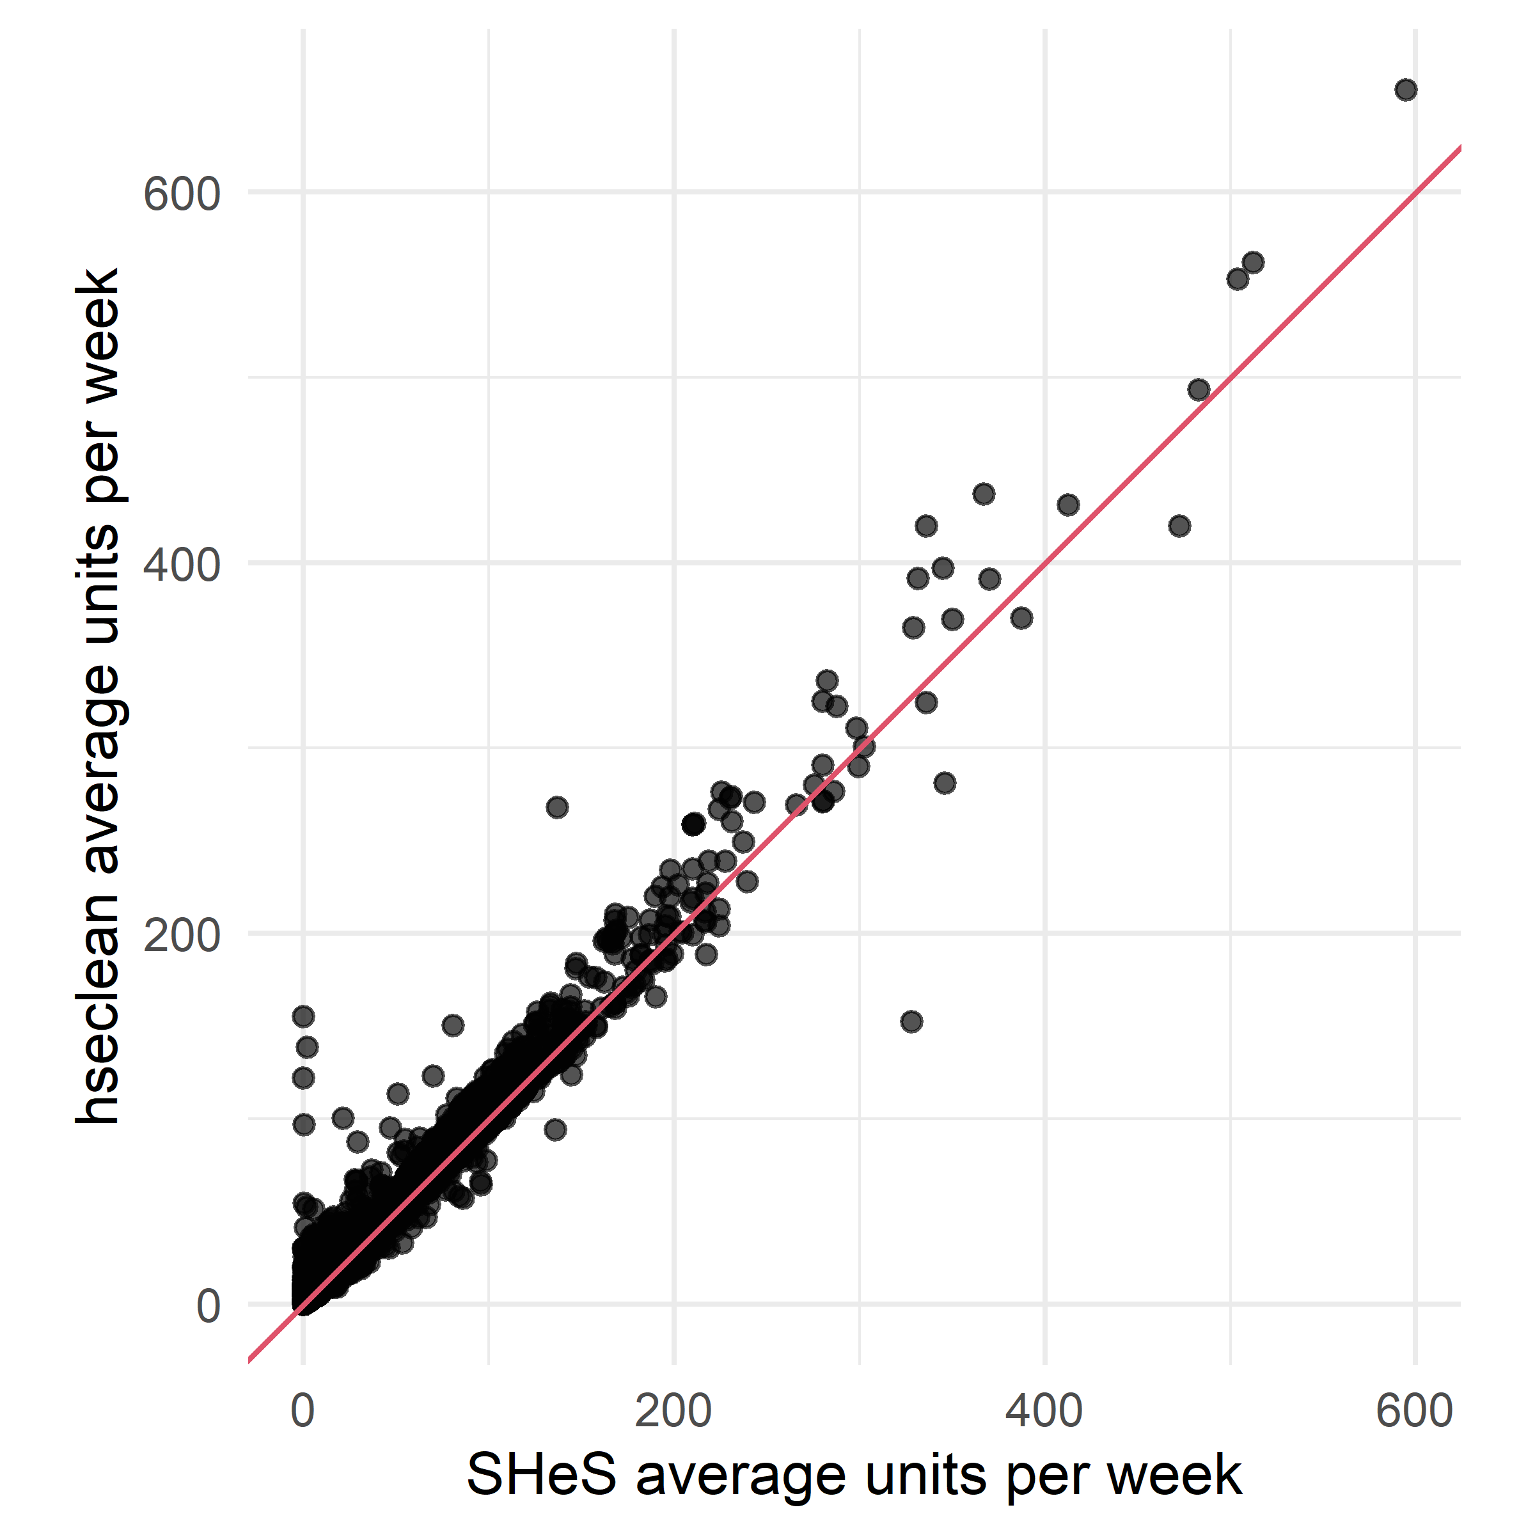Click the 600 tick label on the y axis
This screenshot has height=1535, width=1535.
[x=181, y=194]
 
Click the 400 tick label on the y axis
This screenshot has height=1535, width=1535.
[x=181, y=565]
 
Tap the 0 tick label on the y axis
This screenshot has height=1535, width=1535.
[x=208, y=1307]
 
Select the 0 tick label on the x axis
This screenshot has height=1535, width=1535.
[x=303, y=1411]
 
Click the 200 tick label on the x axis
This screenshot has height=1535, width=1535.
[x=673, y=1411]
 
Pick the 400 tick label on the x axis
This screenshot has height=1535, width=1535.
[x=1044, y=1411]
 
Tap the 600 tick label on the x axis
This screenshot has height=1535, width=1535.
[x=1415, y=1411]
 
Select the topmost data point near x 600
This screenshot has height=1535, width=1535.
[x=1406, y=90]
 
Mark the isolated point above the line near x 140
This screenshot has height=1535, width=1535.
[x=557, y=808]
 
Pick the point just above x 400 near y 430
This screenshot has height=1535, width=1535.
[x=1068, y=505]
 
